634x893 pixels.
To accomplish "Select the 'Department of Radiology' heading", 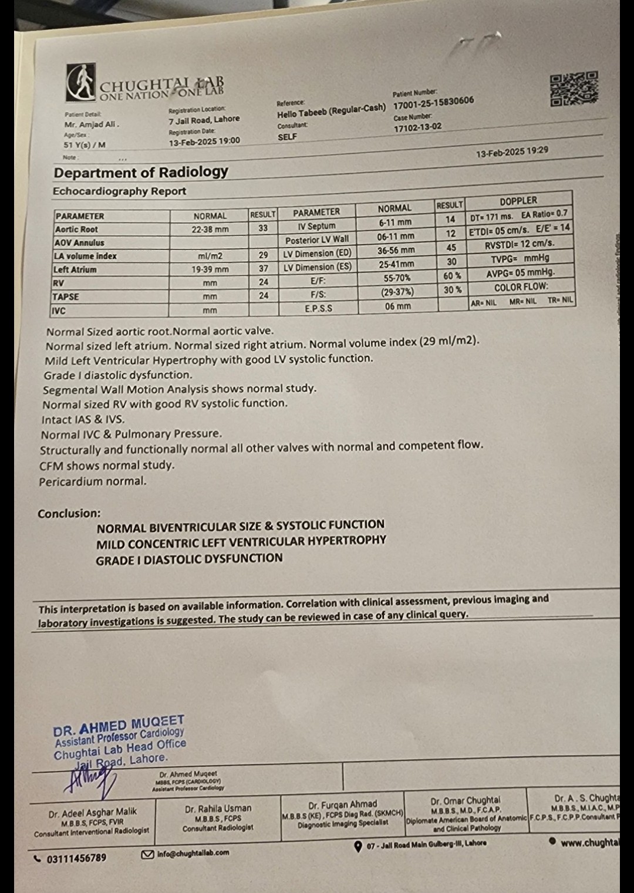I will (141, 172).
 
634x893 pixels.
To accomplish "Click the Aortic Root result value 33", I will (263, 228).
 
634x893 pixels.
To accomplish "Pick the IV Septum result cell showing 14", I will (450, 219).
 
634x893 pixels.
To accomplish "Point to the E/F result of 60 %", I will (452, 275).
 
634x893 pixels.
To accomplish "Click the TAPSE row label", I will (66, 296).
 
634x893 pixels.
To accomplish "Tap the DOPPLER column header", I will (518, 200).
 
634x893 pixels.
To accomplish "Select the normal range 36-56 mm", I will (396, 250).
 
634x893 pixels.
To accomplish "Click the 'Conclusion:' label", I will (69, 513).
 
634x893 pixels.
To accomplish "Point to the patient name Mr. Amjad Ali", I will (92, 124).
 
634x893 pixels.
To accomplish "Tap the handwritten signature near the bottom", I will (88, 781).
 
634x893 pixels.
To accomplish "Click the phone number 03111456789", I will (77, 858).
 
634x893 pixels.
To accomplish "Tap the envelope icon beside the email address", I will (148, 854).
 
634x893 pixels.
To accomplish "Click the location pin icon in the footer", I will (358, 847).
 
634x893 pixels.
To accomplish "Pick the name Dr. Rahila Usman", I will (218, 808).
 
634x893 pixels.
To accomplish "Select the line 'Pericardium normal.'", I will (93, 481).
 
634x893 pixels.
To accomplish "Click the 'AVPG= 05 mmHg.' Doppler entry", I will (520, 272).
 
